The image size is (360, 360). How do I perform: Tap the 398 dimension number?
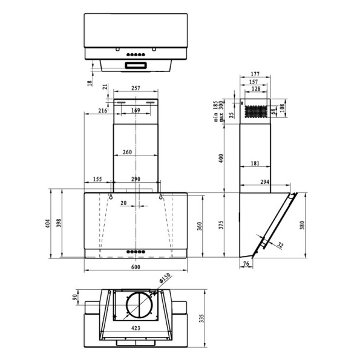point(59,224)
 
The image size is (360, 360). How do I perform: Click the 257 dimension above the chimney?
point(136,88)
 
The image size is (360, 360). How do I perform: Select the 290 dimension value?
point(136,180)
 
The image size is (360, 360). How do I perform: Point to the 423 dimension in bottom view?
point(136,328)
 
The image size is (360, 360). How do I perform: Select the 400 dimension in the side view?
point(221,159)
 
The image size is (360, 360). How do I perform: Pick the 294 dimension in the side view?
point(264,182)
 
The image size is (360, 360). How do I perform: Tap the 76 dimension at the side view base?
point(246,264)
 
